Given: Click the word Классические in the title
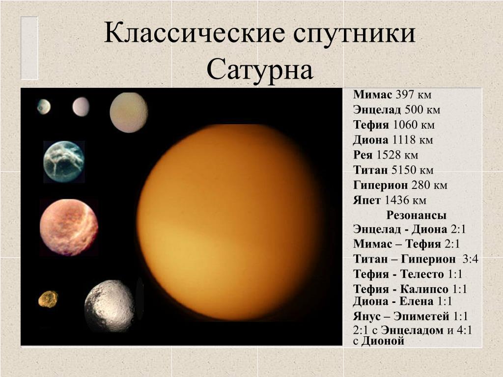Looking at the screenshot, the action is coord(195,33).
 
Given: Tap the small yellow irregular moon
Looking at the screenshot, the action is coord(48,299).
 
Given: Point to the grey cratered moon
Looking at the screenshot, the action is coord(110,306).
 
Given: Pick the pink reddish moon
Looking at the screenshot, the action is coord(69,227).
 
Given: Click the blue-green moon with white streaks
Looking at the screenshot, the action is coord(64,162).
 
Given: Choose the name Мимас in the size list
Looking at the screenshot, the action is coord(372,95).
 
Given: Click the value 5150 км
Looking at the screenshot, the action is coord(412,170).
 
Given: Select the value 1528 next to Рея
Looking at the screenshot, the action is coord(388,155).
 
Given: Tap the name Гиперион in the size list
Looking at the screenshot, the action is coord(381,185).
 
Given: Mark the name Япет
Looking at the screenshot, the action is coord(366,200).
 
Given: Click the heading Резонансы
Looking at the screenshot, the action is coord(416,215).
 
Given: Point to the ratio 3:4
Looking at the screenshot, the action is coord(470,259).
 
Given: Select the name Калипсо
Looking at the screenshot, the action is coord(424,289).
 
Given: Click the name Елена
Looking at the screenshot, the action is coord(417,301).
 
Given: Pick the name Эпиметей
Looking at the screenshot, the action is coord(421,317).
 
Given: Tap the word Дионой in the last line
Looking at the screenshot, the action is coord(383,341).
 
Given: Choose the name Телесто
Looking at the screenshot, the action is coord(422,274).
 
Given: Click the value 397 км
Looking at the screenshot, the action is coord(414,95).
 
